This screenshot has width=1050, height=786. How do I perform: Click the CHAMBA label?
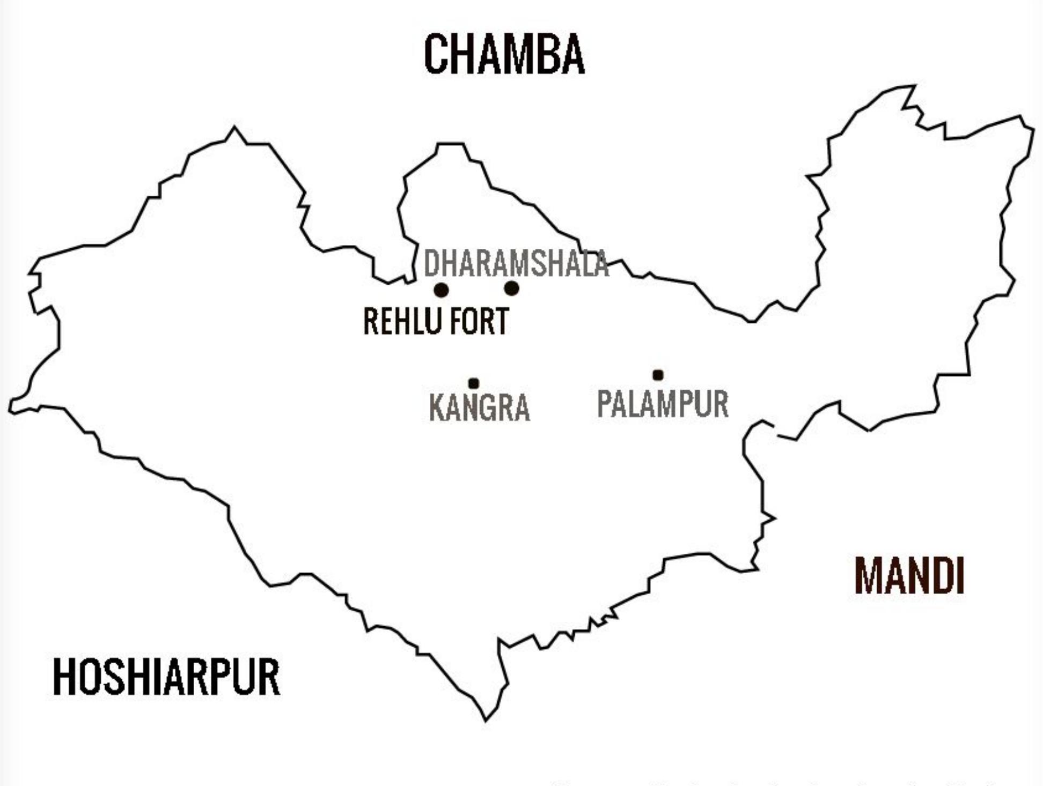504,54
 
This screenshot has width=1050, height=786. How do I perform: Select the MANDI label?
909,576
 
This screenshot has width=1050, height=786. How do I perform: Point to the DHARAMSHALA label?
516,263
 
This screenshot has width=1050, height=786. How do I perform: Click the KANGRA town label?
480,407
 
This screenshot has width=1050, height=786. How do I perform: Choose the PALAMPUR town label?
663,404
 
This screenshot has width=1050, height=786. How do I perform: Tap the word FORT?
479,321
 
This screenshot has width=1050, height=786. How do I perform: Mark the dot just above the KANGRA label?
473,383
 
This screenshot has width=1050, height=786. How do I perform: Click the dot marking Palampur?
658,375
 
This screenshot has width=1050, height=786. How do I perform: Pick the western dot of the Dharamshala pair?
441,290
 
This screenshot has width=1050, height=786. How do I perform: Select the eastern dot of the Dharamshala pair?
511,288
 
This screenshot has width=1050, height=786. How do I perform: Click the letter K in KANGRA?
437,407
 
